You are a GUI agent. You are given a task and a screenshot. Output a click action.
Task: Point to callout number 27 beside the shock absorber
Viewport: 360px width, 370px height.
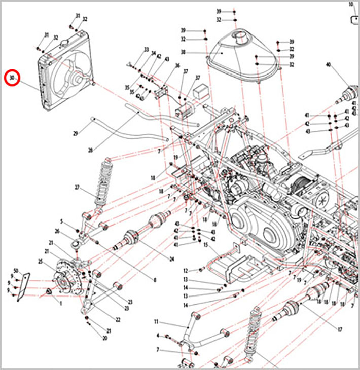[x=78, y=188]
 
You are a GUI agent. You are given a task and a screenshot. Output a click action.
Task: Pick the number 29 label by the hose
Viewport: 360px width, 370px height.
[x=75, y=133]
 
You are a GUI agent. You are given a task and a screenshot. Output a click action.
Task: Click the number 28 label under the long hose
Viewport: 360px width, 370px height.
[x=90, y=150]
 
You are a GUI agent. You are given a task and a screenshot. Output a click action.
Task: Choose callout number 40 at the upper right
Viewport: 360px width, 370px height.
[x=328, y=65]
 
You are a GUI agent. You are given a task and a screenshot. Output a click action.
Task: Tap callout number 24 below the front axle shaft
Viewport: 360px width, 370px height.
[x=171, y=258]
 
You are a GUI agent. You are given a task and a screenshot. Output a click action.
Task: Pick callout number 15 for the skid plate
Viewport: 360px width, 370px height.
[x=206, y=245]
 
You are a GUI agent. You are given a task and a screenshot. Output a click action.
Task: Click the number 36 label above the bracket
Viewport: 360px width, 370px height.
[x=177, y=65]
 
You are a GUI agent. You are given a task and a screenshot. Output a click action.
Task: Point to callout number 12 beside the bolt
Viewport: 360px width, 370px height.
[x=186, y=270]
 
